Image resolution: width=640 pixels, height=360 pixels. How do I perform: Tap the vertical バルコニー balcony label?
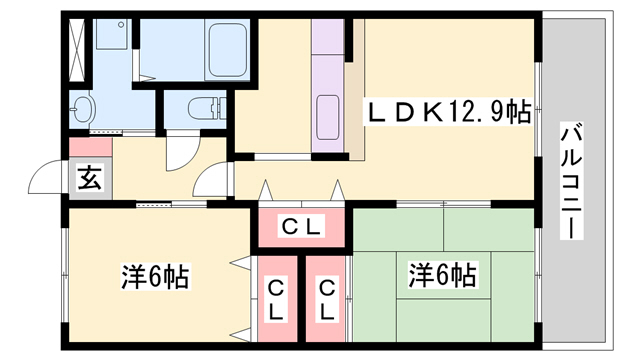(571, 180)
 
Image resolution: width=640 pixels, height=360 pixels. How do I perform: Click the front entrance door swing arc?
(46, 179)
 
